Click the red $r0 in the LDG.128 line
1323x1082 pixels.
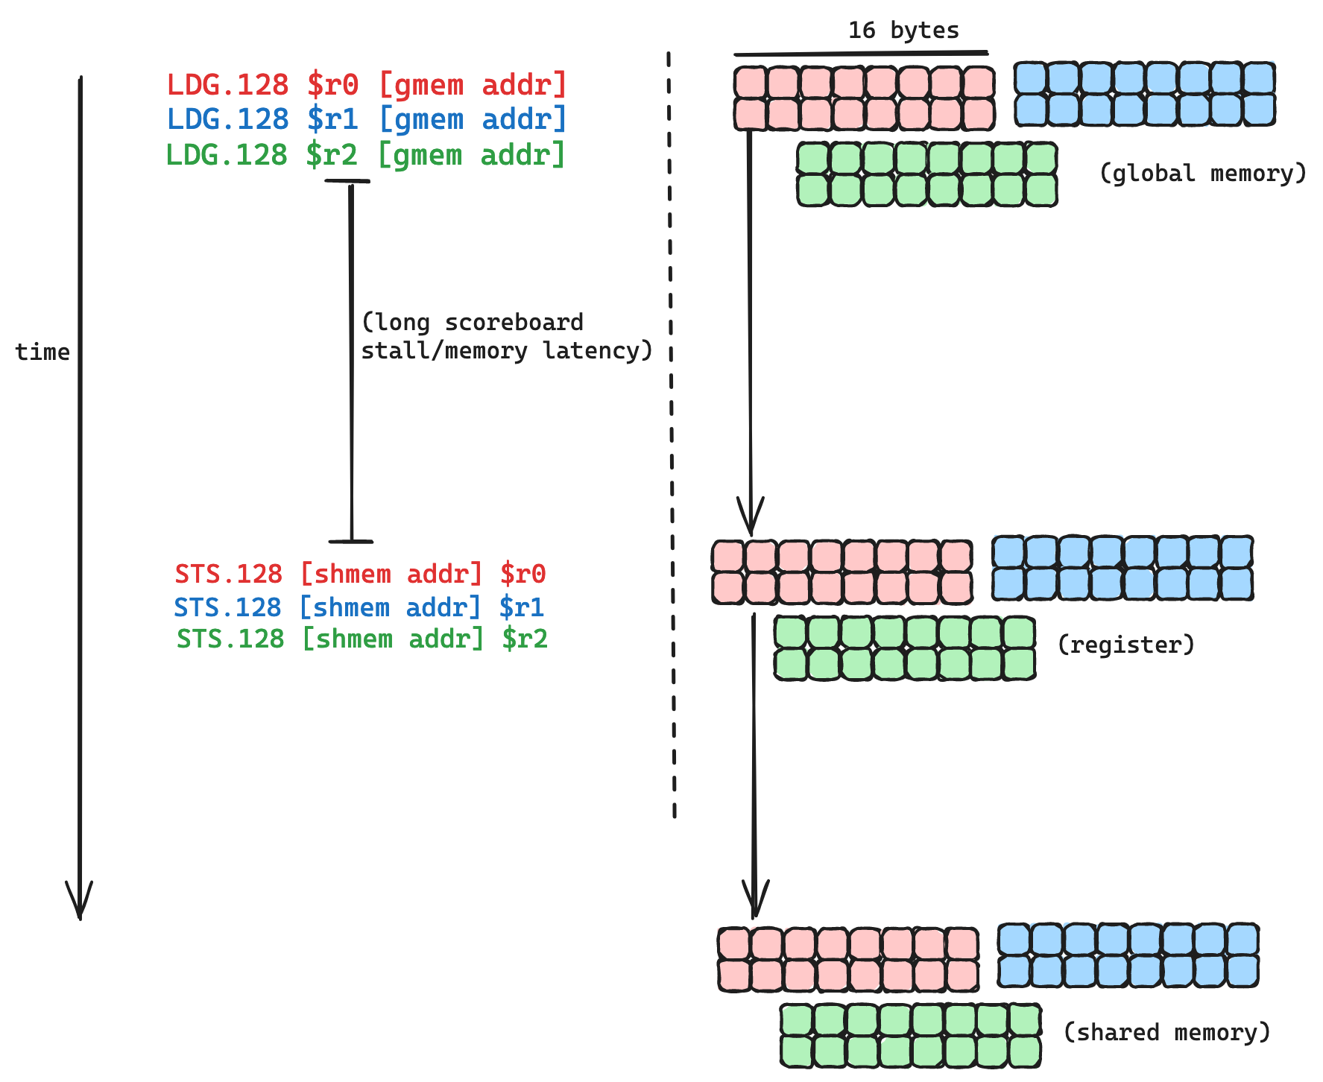(333, 85)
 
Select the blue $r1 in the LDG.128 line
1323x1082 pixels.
(333, 119)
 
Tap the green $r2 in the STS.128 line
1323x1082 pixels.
(525, 639)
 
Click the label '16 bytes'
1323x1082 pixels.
(903, 31)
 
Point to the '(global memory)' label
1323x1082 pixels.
(1202, 174)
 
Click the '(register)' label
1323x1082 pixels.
(1125, 645)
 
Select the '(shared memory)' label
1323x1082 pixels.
(1166, 1032)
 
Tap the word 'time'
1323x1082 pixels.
(42, 352)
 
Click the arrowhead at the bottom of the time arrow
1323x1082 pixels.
(79, 905)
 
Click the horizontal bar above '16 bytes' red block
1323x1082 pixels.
(861, 54)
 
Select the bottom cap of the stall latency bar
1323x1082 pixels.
(350, 542)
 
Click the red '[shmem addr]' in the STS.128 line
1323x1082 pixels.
(391, 575)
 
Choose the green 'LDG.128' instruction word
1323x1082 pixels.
(227, 155)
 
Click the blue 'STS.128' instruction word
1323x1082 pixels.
(227, 607)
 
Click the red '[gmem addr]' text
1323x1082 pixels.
(473, 85)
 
